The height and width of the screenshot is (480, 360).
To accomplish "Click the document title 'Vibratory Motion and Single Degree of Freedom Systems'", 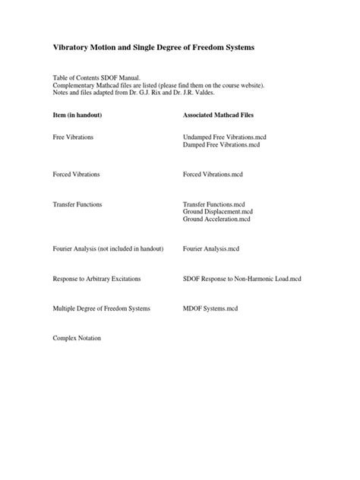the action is (x=153, y=47).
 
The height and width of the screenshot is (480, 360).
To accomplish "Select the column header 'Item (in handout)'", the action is (x=77, y=115).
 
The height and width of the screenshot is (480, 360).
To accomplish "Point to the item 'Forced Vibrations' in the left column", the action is (x=77, y=175).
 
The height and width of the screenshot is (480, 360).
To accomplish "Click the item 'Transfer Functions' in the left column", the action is (x=77, y=205).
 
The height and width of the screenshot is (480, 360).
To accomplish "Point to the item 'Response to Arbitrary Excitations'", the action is (x=96, y=279).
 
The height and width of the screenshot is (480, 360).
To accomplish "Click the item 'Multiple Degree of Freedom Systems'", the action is (x=102, y=308).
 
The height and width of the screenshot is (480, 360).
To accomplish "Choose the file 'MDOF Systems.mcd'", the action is (x=210, y=308).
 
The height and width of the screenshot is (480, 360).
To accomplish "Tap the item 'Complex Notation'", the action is (x=77, y=339).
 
